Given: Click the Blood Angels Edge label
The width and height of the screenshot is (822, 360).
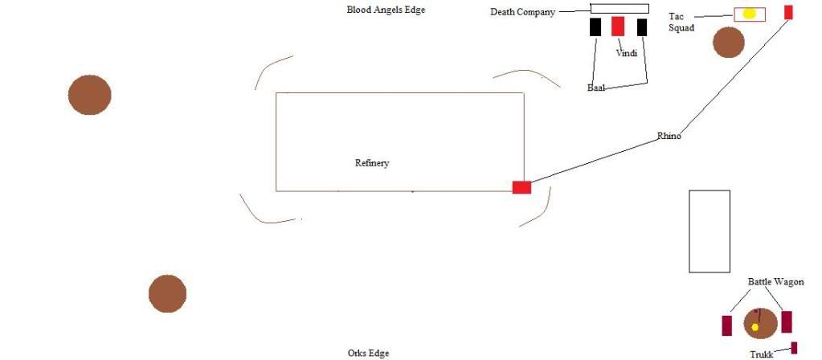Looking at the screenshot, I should [386, 10].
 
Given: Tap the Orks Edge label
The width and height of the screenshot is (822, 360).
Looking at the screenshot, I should [369, 353].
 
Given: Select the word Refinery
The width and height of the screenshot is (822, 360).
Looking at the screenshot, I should [372, 163].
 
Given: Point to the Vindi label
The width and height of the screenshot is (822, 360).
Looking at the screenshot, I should [628, 54].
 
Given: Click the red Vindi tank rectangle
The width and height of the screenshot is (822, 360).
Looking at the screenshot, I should [618, 27].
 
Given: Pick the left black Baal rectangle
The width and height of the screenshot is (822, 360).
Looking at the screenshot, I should [595, 27].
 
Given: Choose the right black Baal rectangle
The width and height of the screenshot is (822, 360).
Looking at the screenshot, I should [642, 27].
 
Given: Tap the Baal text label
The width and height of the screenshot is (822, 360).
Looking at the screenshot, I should [597, 88].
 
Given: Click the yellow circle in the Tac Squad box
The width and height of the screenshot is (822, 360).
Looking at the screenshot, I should [749, 14].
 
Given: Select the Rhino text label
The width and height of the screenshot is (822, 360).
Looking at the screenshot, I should [669, 136].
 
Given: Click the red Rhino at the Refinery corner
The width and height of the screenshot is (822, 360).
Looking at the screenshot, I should [521, 187].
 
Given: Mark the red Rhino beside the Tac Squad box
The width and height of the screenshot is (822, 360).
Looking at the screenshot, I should [788, 12].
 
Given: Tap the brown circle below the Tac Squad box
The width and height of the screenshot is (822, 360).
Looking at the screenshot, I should [729, 43].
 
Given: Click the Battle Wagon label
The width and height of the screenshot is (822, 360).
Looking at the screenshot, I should [775, 282].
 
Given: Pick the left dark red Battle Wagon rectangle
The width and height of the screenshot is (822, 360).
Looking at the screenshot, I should [727, 325].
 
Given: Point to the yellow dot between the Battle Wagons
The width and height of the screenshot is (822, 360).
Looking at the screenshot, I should [755, 327].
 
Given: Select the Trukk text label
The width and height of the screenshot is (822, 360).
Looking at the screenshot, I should [761, 354].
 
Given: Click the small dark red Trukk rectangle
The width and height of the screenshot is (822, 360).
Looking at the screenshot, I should [794, 348].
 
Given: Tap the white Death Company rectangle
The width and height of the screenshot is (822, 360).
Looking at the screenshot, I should [620, 8].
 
